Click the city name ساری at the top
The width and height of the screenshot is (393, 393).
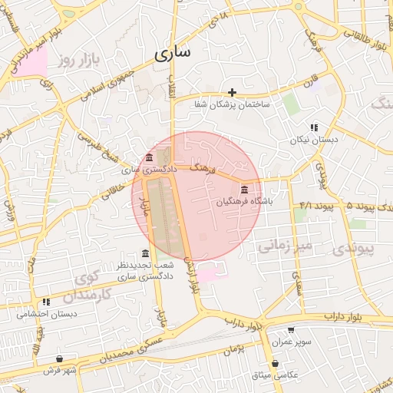click(x=173, y=54)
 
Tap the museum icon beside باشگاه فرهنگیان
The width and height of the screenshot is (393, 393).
click(x=244, y=190)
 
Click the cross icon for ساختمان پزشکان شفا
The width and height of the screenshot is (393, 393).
click(x=232, y=92)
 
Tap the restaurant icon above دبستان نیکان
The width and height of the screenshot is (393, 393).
click(x=313, y=127)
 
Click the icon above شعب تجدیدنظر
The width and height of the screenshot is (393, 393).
click(x=146, y=253)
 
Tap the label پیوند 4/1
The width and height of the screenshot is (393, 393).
click(x=316, y=206)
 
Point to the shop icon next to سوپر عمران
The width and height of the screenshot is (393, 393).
click(x=291, y=329)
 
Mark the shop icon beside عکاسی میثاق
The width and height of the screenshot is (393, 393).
click(x=275, y=363)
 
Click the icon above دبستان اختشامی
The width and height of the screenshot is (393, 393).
click(x=46, y=302)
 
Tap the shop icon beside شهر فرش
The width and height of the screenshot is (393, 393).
click(x=59, y=358)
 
